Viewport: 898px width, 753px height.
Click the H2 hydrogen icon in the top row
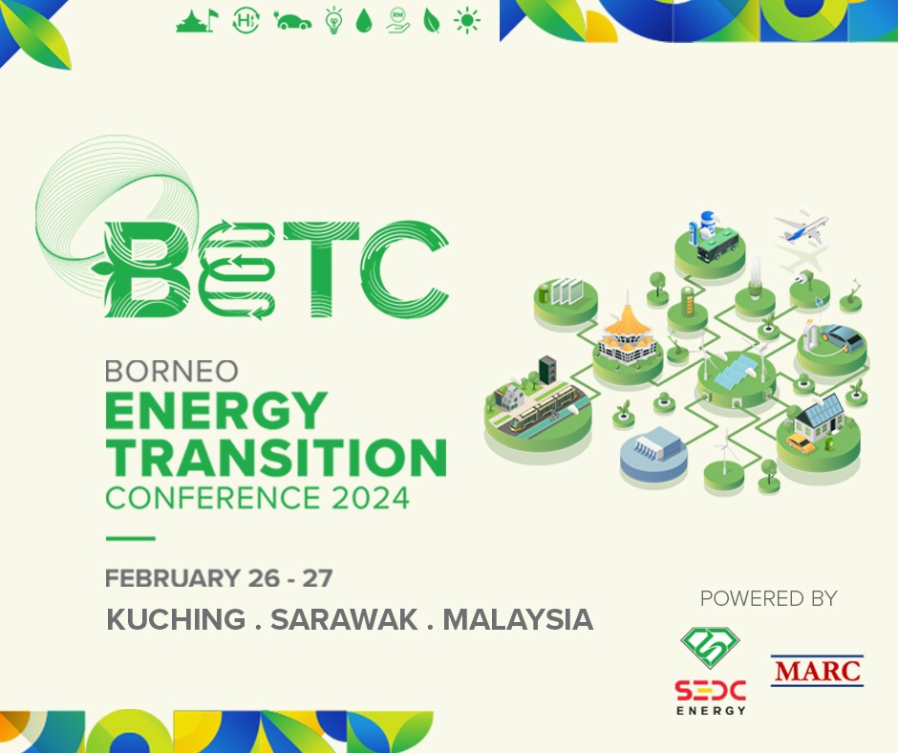246,21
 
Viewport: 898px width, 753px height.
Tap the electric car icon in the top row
292,21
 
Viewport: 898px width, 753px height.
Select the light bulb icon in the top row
333,21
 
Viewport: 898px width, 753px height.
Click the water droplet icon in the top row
364,21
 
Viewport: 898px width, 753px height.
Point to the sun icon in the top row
467,21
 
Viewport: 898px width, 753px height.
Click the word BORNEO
172,372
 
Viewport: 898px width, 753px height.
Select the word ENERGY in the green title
217,410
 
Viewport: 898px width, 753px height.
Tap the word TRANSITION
276,458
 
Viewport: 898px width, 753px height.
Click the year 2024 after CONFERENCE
371,498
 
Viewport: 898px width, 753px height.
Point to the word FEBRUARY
173,577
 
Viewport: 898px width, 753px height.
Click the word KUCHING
176,619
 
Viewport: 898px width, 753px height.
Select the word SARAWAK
344,619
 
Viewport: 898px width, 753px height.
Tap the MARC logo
817,671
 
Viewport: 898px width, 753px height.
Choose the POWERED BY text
769,598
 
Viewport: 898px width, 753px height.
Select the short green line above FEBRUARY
131,538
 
